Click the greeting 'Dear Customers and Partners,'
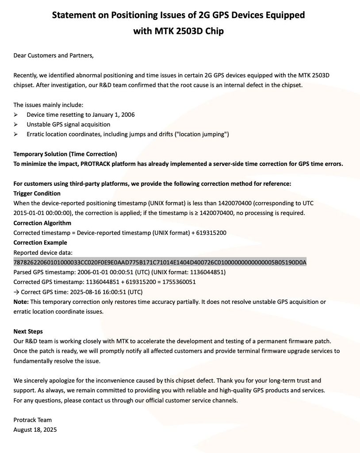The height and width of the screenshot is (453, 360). (x=54, y=55)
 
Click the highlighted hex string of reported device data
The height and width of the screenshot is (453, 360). (x=160, y=262)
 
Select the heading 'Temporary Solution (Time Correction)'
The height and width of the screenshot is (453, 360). (x=65, y=154)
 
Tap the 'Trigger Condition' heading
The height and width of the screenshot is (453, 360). (x=37, y=193)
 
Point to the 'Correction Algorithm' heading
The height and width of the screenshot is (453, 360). (x=42, y=223)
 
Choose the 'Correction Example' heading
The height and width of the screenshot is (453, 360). (x=40, y=242)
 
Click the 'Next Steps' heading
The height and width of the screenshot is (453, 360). (x=28, y=331)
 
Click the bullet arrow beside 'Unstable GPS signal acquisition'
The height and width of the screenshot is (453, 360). (x=16, y=124)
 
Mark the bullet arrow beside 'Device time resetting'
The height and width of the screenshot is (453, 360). (x=16, y=115)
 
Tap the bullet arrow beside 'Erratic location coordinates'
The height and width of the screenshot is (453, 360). (x=16, y=134)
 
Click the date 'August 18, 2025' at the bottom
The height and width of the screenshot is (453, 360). (x=35, y=430)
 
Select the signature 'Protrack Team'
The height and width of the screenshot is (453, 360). (x=32, y=420)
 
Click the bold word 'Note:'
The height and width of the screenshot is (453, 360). (x=21, y=302)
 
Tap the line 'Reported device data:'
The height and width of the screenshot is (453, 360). (x=42, y=252)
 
